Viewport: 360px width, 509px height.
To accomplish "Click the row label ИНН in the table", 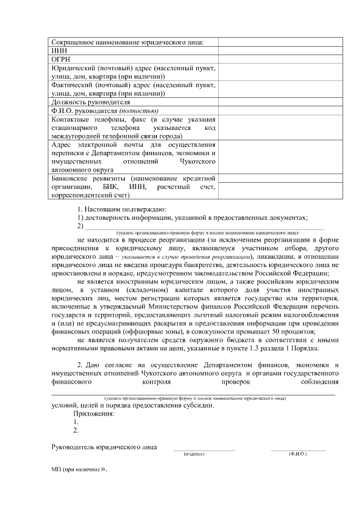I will point(58,50).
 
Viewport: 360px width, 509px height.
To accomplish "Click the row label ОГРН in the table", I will point(61,58).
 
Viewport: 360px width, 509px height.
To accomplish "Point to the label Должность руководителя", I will point(91,102).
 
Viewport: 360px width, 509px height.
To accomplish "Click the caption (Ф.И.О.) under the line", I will point(297,453).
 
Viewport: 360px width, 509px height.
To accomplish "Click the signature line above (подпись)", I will point(204,449).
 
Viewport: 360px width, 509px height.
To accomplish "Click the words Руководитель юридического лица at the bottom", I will point(103,447).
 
